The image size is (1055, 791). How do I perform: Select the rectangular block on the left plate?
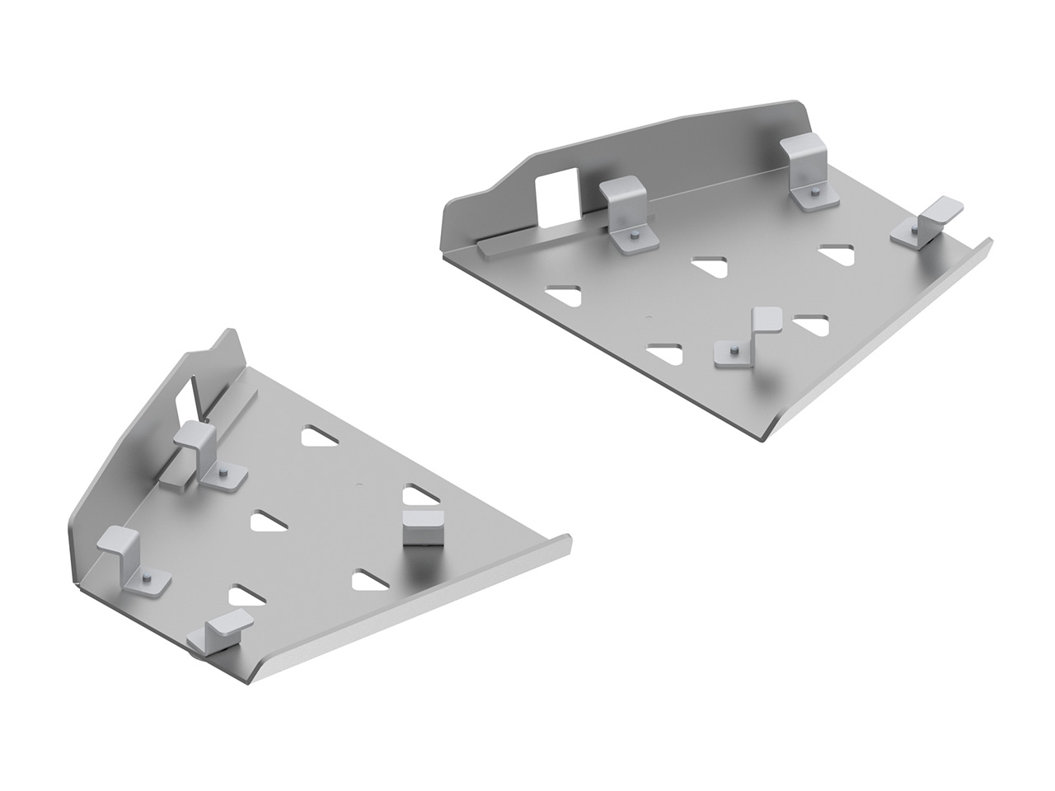423,527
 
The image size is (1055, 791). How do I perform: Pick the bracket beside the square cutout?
626,210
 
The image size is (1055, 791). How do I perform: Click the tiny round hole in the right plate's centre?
649,317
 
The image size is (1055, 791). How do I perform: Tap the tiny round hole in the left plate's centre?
357,484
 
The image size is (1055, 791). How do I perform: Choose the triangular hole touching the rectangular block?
420,497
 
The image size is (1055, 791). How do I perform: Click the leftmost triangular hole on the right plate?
563,293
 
